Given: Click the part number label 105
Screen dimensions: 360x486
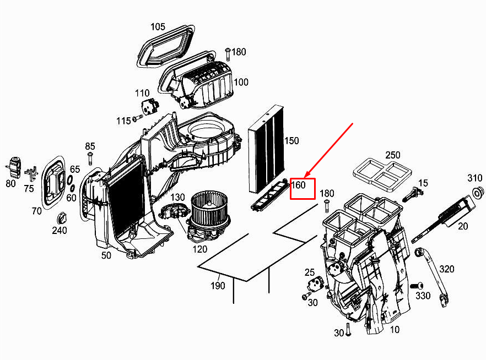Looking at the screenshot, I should (158, 26).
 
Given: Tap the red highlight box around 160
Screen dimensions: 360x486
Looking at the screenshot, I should (303, 188).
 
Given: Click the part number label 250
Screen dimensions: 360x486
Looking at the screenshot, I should (393, 155).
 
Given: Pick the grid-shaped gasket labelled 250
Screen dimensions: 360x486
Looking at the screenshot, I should (380, 172).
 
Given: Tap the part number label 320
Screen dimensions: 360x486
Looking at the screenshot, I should (447, 269).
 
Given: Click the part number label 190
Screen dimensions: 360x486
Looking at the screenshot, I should (218, 285).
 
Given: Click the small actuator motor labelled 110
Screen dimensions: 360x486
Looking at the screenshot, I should (148, 105).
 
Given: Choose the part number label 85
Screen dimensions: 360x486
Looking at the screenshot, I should (90, 146).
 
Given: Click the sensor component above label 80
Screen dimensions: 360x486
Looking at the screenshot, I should (13, 165).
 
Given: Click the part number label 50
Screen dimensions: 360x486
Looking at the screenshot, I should (106, 255).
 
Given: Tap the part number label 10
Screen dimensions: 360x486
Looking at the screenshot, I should (395, 330).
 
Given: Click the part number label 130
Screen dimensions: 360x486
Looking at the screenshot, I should (177, 197).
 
